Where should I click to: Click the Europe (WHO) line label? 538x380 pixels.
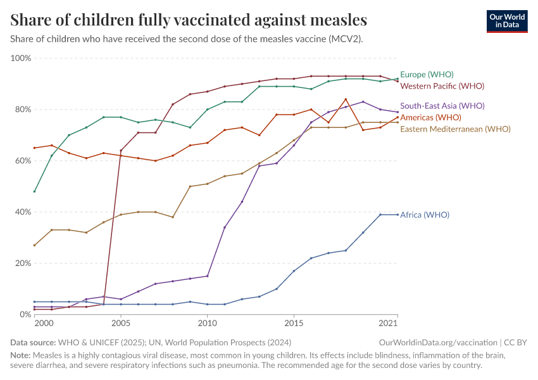click(x=427, y=74)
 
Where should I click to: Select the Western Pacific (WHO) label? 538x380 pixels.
click(x=442, y=85)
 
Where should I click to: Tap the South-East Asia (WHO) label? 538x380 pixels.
click(x=442, y=106)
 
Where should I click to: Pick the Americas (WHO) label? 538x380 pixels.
click(x=430, y=117)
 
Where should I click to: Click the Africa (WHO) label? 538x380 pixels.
click(x=425, y=215)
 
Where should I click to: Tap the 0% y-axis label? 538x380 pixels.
click(x=25, y=314)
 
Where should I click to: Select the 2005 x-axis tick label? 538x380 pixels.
click(x=121, y=324)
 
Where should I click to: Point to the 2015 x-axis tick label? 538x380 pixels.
click(x=294, y=324)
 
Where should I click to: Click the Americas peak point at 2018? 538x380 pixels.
click(x=346, y=99)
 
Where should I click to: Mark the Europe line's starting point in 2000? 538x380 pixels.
click(x=35, y=191)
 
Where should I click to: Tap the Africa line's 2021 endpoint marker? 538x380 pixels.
click(x=397, y=215)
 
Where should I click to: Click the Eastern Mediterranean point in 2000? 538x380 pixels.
click(x=35, y=245)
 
